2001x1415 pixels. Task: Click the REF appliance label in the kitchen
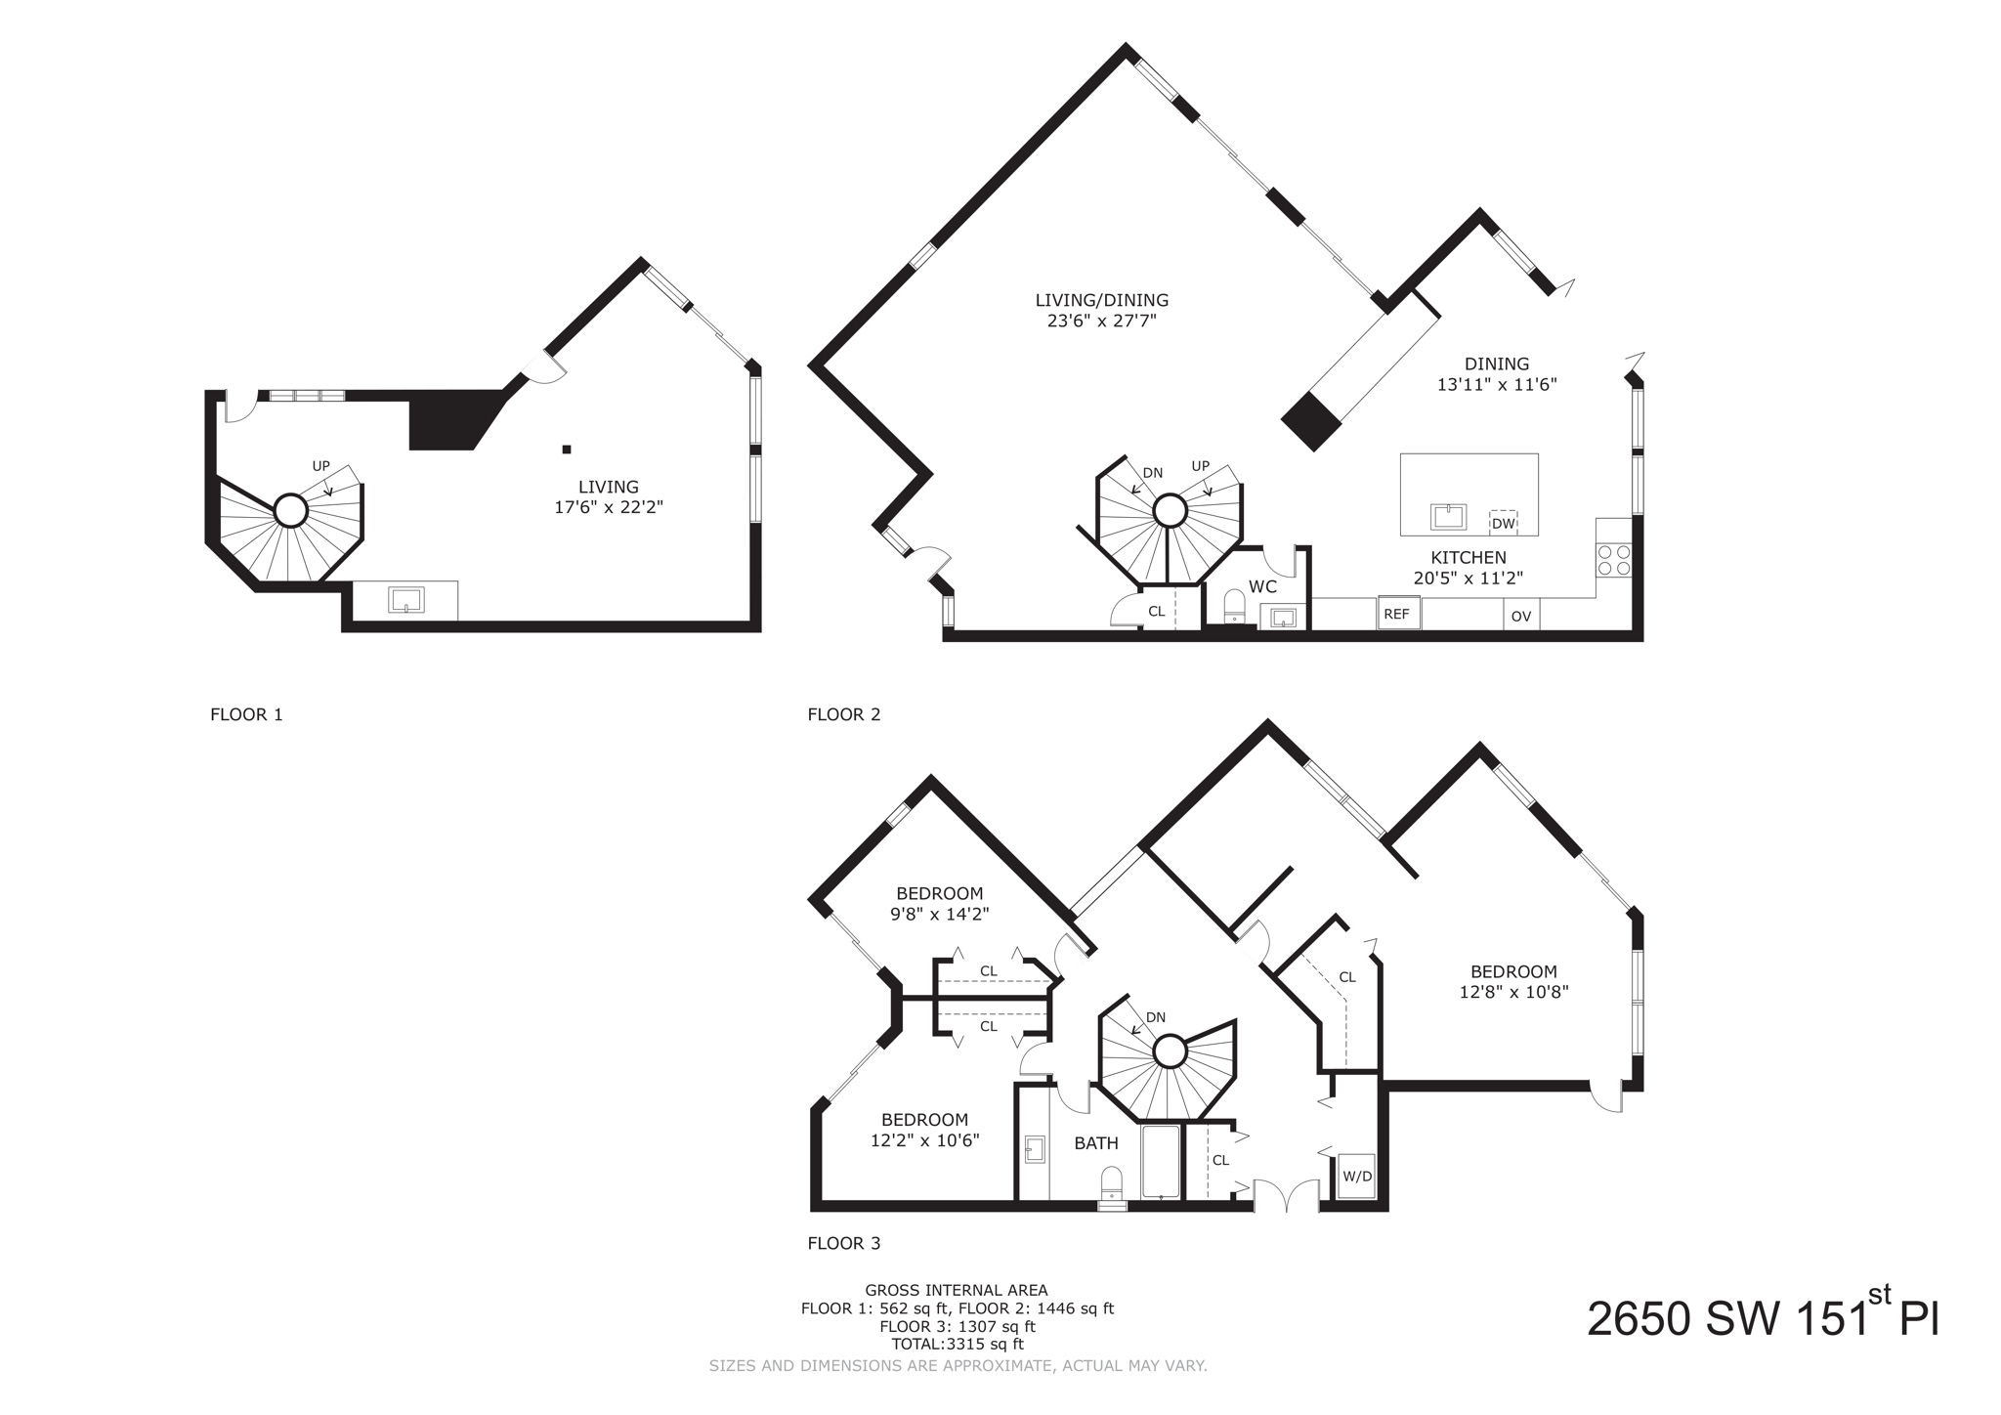point(1397,615)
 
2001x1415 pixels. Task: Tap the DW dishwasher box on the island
point(1503,524)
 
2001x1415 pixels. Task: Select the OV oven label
point(1520,617)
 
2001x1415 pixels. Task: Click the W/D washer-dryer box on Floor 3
point(1356,1177)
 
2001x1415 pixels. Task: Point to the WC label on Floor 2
point(1262,587)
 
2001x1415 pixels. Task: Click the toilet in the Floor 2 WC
point(1234,606)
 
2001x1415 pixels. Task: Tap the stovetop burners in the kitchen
point(1613,560)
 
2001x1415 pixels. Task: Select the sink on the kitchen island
point(1448,516)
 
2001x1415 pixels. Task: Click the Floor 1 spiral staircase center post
point(290,510)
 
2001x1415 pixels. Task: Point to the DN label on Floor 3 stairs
point(1156,1017)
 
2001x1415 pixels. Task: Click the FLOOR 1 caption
point(246,714)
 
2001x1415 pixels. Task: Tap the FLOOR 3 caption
point(844,1243)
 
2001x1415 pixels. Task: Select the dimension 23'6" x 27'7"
point(1101,321)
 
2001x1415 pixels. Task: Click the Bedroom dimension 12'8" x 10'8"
point(1513,992)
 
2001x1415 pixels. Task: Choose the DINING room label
point(1496,364)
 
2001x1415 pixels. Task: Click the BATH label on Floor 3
point(1096,1143)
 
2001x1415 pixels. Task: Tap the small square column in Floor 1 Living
point(567,450)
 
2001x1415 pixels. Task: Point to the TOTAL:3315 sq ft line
point(957,1345)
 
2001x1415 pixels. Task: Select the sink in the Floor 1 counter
point(405,599)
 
